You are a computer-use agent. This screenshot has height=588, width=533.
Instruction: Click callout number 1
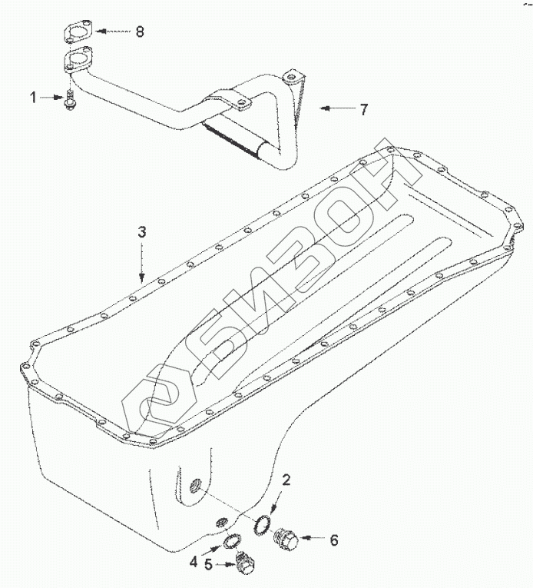[x=33, y=97]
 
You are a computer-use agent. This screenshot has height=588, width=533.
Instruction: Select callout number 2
[x=286, y=481]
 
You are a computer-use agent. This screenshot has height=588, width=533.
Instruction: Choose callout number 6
[x=334, y=540]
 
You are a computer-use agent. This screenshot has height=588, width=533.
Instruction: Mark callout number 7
[x=364, y=109]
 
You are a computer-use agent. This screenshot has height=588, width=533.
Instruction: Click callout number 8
[x=140, y=32]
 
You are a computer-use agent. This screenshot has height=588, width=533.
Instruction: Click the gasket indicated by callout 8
[x=77, y=34]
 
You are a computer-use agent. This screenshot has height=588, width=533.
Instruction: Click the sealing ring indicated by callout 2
[x=262, y=524]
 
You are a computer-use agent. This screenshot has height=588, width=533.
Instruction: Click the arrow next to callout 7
[x=333, y=109]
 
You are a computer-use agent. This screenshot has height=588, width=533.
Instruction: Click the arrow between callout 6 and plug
[x=314, y=540]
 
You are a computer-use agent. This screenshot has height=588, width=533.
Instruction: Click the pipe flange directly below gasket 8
[x=77, y=60]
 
